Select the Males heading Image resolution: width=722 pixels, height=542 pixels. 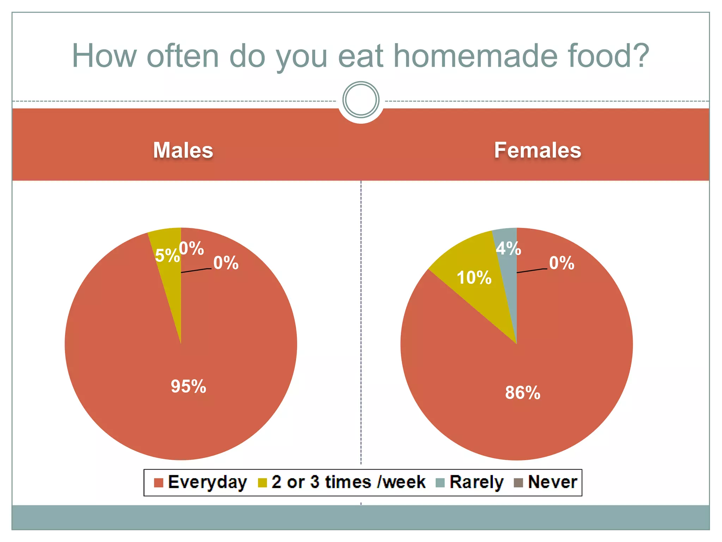click(x=183, y=150)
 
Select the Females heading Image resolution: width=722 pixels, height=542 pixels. click(x=537, y=150)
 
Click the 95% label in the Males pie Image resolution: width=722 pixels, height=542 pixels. click(x=188, y=386)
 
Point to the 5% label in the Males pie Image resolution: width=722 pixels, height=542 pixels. click(x=167, y=255)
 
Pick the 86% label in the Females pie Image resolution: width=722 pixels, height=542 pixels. click(x=522, y=392)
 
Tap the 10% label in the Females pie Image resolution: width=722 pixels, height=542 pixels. click(x=474, y=277)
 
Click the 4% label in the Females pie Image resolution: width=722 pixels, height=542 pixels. click(x=508, y=248)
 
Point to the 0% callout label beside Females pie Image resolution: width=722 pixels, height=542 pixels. click(x=561, y=263)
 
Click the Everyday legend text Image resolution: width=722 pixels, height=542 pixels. click(x=207, y=482)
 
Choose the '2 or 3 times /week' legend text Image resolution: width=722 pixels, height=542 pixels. click(x=348, y=482)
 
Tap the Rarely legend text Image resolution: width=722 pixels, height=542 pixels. click(x=477, y=482)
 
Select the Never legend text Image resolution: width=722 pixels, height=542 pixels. click(x=552, y=482)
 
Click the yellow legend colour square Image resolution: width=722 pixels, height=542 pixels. click(x=262, y=483)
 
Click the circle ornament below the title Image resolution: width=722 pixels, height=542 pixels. click(x=361, y=100)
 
